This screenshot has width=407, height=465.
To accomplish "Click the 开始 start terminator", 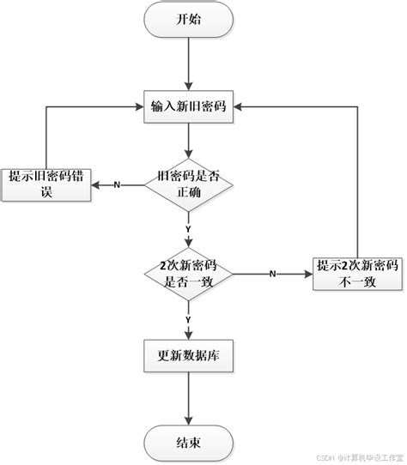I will pos(187,20).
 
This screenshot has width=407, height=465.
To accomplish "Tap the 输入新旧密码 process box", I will pos(187,106).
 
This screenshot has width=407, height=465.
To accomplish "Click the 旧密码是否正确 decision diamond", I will pos(187,184).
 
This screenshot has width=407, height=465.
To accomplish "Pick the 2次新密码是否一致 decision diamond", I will pos(187,274).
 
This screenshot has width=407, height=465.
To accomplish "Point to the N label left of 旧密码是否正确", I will pos(117,184).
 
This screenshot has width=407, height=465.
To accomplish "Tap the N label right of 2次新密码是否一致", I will pos(272,274).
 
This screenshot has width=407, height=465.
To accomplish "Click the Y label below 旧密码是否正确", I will pos(187,229).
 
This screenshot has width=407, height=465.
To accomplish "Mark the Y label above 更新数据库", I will pos(187,318).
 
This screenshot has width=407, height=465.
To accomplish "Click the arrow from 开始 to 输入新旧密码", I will pos(187,62).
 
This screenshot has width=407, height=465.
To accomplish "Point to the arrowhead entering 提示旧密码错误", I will pos(96,184).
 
